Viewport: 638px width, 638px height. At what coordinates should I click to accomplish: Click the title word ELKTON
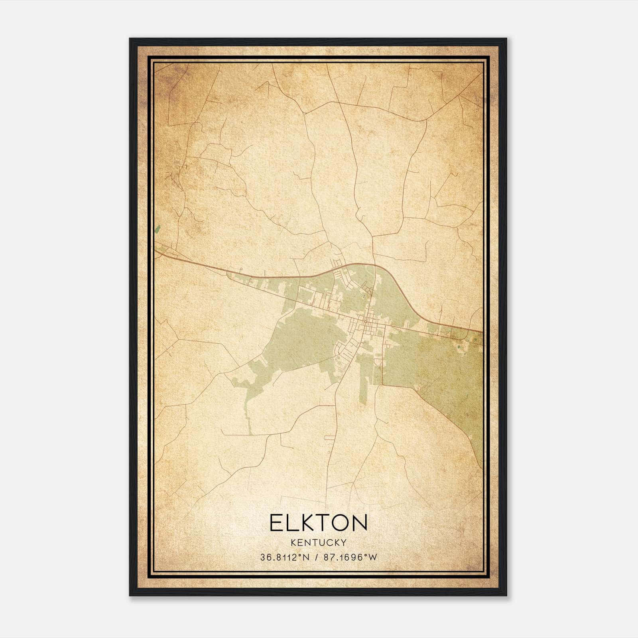318,523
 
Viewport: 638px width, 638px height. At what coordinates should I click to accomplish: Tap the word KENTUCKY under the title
318,542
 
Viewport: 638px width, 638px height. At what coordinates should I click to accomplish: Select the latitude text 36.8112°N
285,557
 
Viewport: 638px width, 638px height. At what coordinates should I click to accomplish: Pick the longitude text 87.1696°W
350,557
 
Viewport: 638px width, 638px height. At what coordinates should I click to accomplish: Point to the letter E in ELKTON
276,523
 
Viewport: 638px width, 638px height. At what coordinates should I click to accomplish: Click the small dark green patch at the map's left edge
158,229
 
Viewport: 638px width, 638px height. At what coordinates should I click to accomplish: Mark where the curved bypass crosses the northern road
374,265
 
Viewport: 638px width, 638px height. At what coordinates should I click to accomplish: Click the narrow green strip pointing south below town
363,383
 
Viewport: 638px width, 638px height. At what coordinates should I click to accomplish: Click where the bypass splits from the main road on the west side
228,274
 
